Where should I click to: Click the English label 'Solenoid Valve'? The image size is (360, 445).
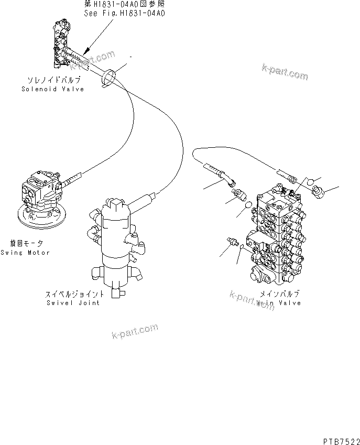pos(52,90)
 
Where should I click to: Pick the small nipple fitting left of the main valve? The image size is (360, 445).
pos(233,242)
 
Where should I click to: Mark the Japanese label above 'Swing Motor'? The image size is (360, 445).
pos(26,244)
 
